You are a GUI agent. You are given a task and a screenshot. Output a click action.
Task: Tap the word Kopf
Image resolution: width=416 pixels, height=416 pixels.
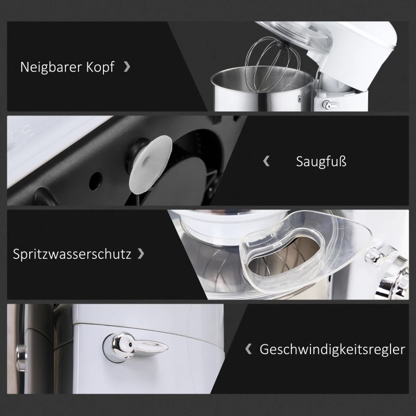point(99,68)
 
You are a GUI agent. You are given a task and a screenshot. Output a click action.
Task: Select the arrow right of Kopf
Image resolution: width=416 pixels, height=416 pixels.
point(127,67)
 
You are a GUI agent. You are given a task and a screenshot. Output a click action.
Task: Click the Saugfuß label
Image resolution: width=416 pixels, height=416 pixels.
point(321,162)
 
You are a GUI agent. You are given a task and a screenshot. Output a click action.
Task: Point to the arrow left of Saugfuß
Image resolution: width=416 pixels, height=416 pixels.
point(267,161)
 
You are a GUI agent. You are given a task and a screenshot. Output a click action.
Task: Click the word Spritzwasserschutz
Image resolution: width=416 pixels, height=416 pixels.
point(71,255)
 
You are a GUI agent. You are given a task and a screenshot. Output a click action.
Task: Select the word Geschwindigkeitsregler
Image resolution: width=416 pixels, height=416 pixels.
point(332,349)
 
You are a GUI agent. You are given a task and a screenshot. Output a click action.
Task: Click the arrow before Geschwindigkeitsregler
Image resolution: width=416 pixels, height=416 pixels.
point(249,348)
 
